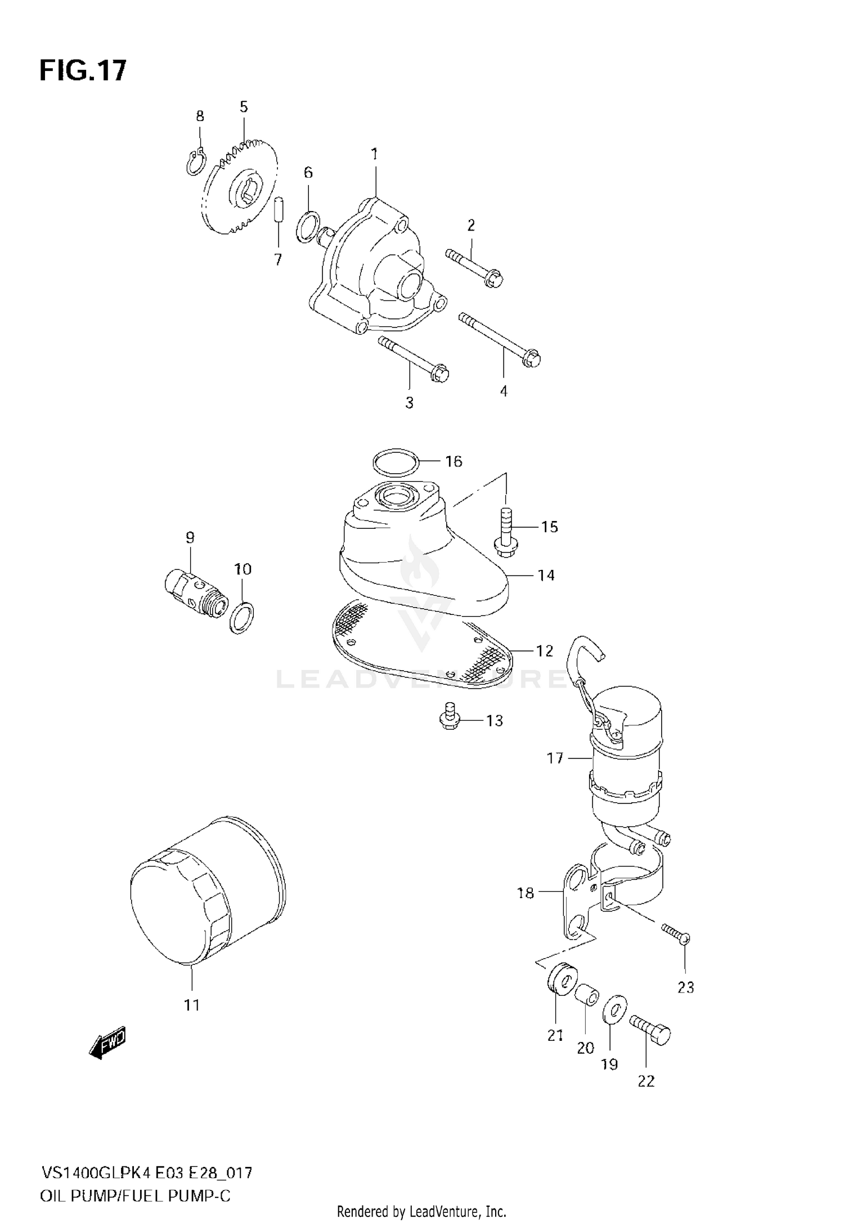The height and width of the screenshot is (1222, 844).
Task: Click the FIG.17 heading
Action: click(83, 71)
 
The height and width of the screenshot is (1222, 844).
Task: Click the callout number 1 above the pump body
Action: click(375, 154)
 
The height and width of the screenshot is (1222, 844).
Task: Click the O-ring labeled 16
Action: click(396, 462)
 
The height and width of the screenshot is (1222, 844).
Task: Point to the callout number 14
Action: click(546, 575)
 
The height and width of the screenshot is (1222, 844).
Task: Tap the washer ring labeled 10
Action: click(243, 617)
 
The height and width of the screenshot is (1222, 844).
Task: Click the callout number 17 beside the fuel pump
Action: click(555, 758)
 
